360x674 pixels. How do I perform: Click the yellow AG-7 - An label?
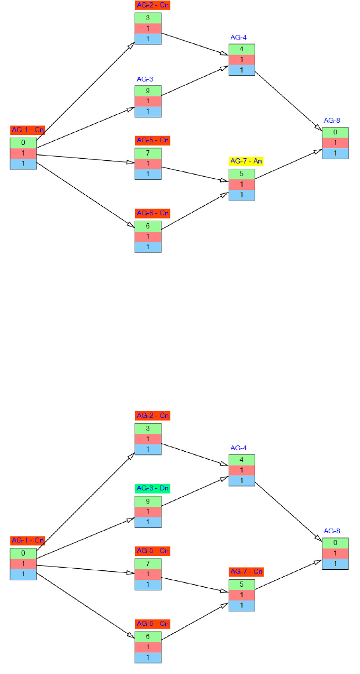pyautogui.click(x=246, y=161)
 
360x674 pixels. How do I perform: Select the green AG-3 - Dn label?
pyautogui.click(x=152, y=488)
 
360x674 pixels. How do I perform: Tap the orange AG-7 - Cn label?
pyautogui.click(x=246, y=572)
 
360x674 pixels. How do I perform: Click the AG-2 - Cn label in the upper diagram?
pyautogui.click(x=152, y=5)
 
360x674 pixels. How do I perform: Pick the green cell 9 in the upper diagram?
pyautogui.click(x=148, y=90)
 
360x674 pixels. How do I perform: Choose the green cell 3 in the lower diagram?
pyautogui.click(x=148, y=428)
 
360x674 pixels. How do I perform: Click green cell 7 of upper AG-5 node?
pyautogui.click(x=148, y=153)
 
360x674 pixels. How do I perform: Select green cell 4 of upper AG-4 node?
pyautogui.click(x=242, y=49)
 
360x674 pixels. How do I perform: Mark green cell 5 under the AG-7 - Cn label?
pyautogui.click(x=242, y=585)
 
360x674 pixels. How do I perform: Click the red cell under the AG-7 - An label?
pyautogui.click(x=242, y=185)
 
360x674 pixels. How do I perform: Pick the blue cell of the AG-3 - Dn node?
pyautogui.click(x=148, y=522)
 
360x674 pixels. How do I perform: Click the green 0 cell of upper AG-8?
pyautogui.click(x=335, y=132)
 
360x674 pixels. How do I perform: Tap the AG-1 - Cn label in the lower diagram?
pyautogui.click(x=28, y=541)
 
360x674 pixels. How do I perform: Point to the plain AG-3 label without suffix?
pyautogui.click(x=145, y=79)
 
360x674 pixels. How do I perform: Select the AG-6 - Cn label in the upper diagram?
pyautogui.click(x=152, y=213)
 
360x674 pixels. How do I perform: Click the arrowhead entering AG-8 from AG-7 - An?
pyautogui.click(x=318, y=151)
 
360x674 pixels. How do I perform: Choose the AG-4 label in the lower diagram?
pyautogui.click(x=238, y=448)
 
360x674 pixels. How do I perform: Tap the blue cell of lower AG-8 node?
pyautogui.click(x=335, y=564)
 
